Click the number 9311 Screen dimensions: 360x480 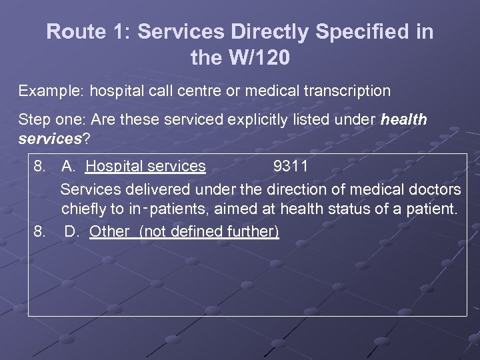pos(291,166)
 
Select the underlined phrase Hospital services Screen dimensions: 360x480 pos(146,166)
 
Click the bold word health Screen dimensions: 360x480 pos(403,119)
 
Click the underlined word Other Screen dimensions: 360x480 pos(111,232)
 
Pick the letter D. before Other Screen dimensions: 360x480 pos(73,232)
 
